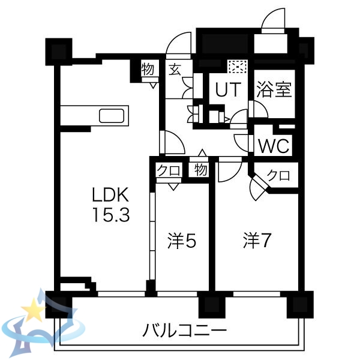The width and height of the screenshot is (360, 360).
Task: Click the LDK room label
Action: [x=110, y=195]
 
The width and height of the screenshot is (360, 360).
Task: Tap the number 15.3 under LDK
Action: [x=110, y=214]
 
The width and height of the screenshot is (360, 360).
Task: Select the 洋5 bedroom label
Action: [x=182, y=241]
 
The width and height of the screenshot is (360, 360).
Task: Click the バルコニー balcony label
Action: [x=184, y=330]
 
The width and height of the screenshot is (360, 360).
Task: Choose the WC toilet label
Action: [x=274, y=146]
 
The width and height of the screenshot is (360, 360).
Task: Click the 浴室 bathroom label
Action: [x=274, y=90]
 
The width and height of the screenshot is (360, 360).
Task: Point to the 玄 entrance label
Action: [x=174, y=70]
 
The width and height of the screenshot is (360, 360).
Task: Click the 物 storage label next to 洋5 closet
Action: [x=200, y=170]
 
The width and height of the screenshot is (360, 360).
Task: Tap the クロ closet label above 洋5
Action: [x=169, y=170]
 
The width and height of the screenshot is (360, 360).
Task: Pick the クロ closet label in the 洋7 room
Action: [x=278, y=176]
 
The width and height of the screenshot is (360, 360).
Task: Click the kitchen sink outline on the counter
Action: [x=112, y=115]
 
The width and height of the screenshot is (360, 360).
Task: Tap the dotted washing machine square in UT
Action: [x=235, y=67]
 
